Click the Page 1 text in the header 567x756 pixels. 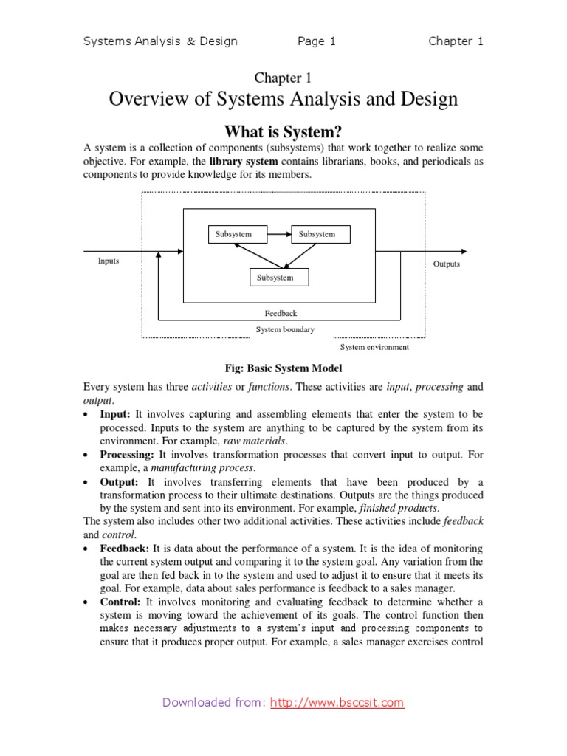[x=316, y=41]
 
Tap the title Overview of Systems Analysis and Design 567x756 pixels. [x=283, y=99]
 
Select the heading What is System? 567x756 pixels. [x=283, y=132]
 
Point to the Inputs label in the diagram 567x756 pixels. [x=109, y=261]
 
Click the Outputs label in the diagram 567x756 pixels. [x=446, y=264]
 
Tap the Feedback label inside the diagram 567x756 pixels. [x=281, y=314]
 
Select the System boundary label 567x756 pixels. [x=285, y=330]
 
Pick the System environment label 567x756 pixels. [x=374, y=347]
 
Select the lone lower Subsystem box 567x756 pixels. [x=275, y=278]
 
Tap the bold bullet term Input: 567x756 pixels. [x=115, y=415]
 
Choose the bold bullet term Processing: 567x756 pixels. [x=127, y=455]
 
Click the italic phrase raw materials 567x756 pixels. [x=256, y=441]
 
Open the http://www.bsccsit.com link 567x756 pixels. [x=337, y=703]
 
